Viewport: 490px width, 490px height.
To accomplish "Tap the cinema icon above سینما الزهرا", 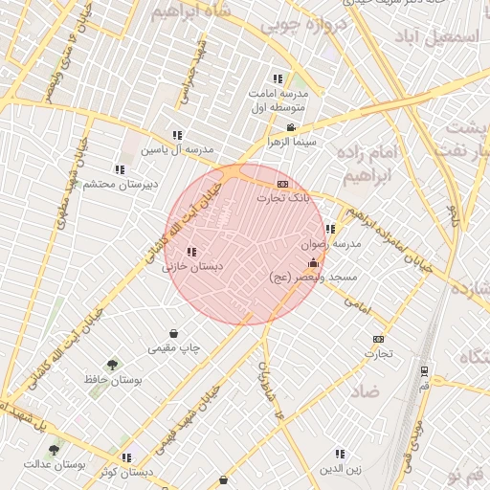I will (x=291, y=127).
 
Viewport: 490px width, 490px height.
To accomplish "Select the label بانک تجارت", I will (x=283, y=197).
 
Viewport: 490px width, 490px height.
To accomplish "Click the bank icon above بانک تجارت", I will (x=282, y=183).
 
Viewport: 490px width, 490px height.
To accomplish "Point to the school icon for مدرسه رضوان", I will (x=330, y=230).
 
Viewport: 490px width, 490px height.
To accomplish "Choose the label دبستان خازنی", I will (x=192, y=267).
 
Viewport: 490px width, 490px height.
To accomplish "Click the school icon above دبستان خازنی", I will (x=192, y=253).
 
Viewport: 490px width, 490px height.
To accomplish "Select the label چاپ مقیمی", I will (x=174, y=348).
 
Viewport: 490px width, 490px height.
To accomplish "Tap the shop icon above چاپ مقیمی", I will (x=173, y=334).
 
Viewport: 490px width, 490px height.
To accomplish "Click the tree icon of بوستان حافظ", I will (x=113, y=365).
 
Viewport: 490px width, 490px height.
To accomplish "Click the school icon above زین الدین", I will (x=340, y=454).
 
